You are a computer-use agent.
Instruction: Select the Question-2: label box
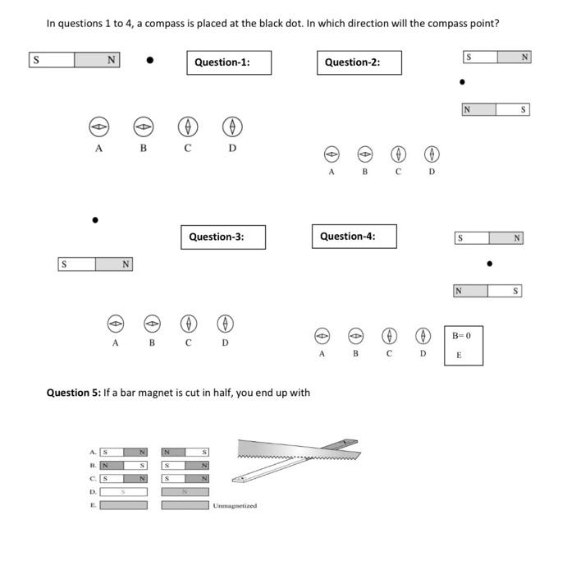coord(359,62)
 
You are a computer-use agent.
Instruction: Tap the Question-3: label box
coord(222,237)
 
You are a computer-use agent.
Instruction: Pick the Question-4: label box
coord(354,237)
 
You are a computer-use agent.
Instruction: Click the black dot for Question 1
coord(149,60)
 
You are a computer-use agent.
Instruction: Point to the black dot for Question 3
coord(95,220)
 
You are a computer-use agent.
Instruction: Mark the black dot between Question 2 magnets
coord(463,82)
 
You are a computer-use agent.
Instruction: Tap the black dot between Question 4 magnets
coord(489,264)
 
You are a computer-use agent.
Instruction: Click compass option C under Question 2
coord(398,154)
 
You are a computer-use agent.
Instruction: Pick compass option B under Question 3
coord(152,322)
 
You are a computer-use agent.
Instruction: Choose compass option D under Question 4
coord(423,335)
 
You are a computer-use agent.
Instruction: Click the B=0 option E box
coord(464,345)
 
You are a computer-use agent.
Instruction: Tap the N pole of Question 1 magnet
coord(97,60)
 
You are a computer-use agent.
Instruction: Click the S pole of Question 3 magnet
coord(76,264)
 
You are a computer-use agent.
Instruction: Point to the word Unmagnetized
coord(235,506)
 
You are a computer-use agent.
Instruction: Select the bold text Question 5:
coord(73,393)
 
